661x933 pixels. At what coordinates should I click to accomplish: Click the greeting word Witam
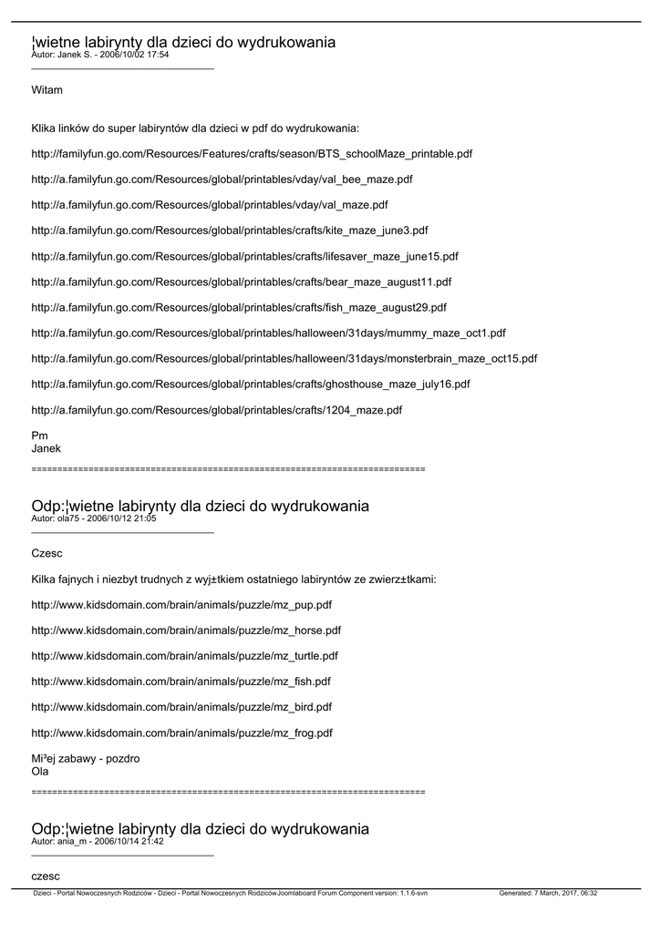click(46, 90)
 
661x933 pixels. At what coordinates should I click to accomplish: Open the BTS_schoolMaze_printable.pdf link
click(252, 154)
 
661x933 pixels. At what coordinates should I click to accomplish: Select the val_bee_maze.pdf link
click(222, 179)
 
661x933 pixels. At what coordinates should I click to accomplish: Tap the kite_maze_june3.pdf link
click(230, 231)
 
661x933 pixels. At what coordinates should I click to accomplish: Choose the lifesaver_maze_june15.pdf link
click(244, 256)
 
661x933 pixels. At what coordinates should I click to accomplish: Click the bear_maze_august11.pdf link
click(241, 282)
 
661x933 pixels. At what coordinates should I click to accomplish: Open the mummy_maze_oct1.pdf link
click(268, 333)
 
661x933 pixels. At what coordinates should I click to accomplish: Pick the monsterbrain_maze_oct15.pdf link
click(284, 359)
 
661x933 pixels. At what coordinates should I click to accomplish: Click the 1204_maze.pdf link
click(216, 410)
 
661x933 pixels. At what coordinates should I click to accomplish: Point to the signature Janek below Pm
click(46, 448)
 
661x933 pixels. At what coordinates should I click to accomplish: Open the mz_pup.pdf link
click(181, 604)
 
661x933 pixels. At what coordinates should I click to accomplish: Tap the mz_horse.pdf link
click(186, 630)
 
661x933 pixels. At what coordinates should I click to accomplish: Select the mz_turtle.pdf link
click(184, 655)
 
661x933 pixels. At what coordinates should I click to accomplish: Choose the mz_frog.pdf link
click(181, 733)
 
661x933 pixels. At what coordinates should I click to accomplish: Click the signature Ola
click(40, 771)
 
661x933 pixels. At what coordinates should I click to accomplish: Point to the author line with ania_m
click(97, 842)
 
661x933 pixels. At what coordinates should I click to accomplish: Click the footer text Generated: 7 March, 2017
click(548, 894)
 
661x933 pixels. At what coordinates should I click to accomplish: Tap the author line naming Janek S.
click(99, 55)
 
